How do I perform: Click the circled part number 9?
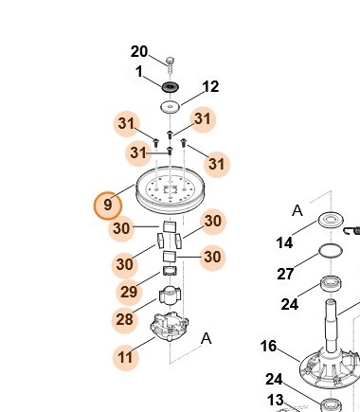tap(108, 206)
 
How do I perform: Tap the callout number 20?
tap(139, 52)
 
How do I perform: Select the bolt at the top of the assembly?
tap(170, 64)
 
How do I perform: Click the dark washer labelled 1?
tap(171, 86)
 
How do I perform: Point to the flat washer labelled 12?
tap(171, 106)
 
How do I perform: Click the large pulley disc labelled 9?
tap(171, 190)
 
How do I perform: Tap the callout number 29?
tap(129, 292)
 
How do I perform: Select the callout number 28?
tap(124, 319)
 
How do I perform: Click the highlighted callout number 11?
tap(125, 357)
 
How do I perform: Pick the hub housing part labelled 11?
tap(170, 327)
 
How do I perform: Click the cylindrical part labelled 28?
tap(170, 296)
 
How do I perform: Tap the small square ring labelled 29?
tap(170, 271)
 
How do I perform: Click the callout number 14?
tap(284, 243)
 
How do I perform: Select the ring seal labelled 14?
tap(331, 220)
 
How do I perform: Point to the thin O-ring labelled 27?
tap(331, 251)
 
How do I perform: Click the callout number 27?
tap(285, 274)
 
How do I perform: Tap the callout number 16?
tap(269, 347)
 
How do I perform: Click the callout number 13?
tap(275, 400)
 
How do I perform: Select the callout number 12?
tap(210, 87)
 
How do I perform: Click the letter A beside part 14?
tap(297, 210)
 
